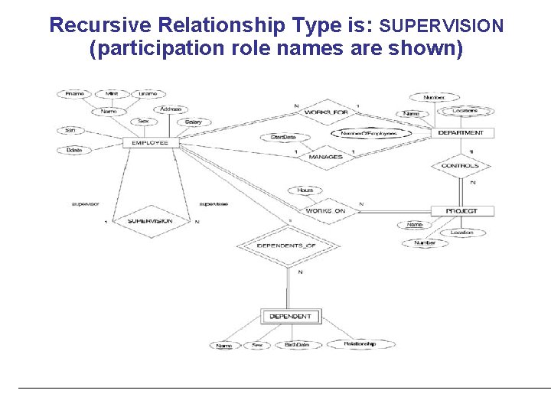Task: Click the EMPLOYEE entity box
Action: tap(150, 142)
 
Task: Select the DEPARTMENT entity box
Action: tap(461, 133)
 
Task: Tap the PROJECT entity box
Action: tap(461, 210)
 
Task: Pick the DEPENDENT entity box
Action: tap(290, 316)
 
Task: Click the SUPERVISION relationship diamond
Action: tap(150, 221)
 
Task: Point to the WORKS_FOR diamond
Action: tap(327, 112)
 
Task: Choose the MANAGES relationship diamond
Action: tap(325, 157)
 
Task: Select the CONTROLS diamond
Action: tap(461, 165)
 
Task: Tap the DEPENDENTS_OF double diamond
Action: tap(287, 246)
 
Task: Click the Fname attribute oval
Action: tap(75, 94)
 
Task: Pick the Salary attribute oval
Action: tap(193, 122)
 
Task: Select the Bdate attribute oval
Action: tap(74, 151)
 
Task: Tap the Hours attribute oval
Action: tap(305, 190)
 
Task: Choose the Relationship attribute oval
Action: tap(359, 344)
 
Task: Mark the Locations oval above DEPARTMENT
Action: tap(465, 111)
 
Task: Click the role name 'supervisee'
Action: tap(214, 204)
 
